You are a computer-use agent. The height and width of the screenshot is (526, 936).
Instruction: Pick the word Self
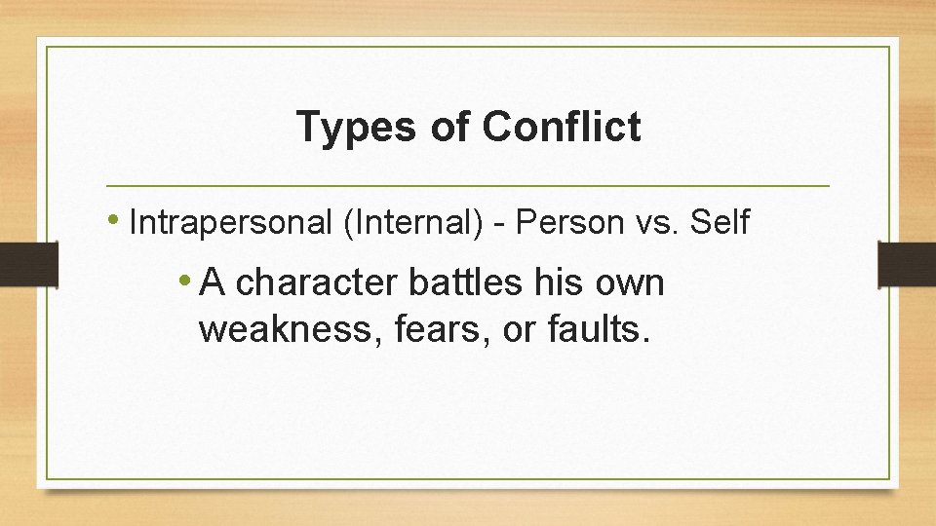(720, 223)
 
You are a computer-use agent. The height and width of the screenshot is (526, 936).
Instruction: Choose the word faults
(597, 329)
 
